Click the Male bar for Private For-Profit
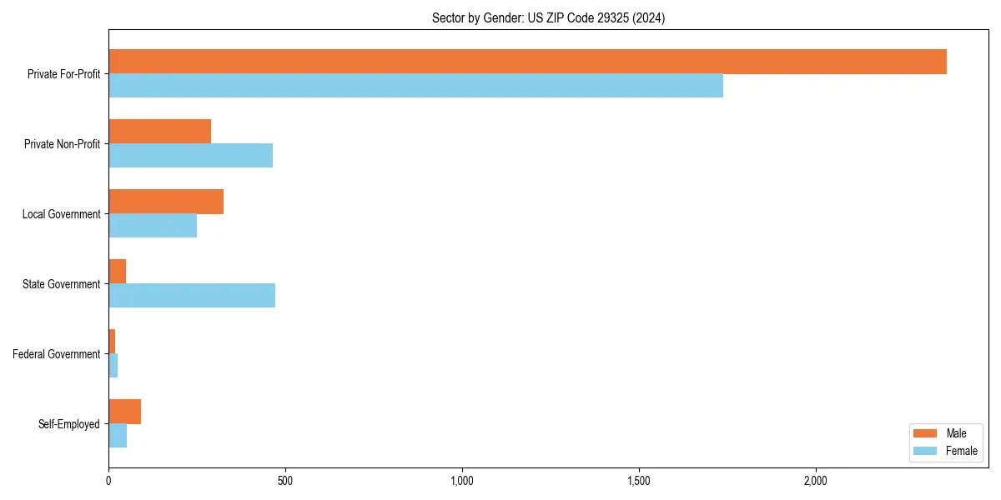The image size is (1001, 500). (527, 62)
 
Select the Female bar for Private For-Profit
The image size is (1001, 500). (415, 86)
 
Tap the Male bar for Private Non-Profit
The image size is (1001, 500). (159, 132)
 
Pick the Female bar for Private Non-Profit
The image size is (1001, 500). (190, 156)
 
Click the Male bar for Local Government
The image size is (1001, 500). (166, 202)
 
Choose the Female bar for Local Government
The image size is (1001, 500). (153, 226)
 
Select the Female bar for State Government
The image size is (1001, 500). (192, 296)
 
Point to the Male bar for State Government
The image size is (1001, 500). (117, 272)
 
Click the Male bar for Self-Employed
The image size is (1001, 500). (124, 412)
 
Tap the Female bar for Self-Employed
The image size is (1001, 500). (118, 436)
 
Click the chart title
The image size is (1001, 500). (548, 17)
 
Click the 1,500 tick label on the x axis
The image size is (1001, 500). (638, 481)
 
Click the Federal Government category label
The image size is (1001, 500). (56, 354)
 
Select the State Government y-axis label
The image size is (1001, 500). (61, 284)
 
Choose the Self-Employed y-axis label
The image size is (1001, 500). (68, 424)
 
